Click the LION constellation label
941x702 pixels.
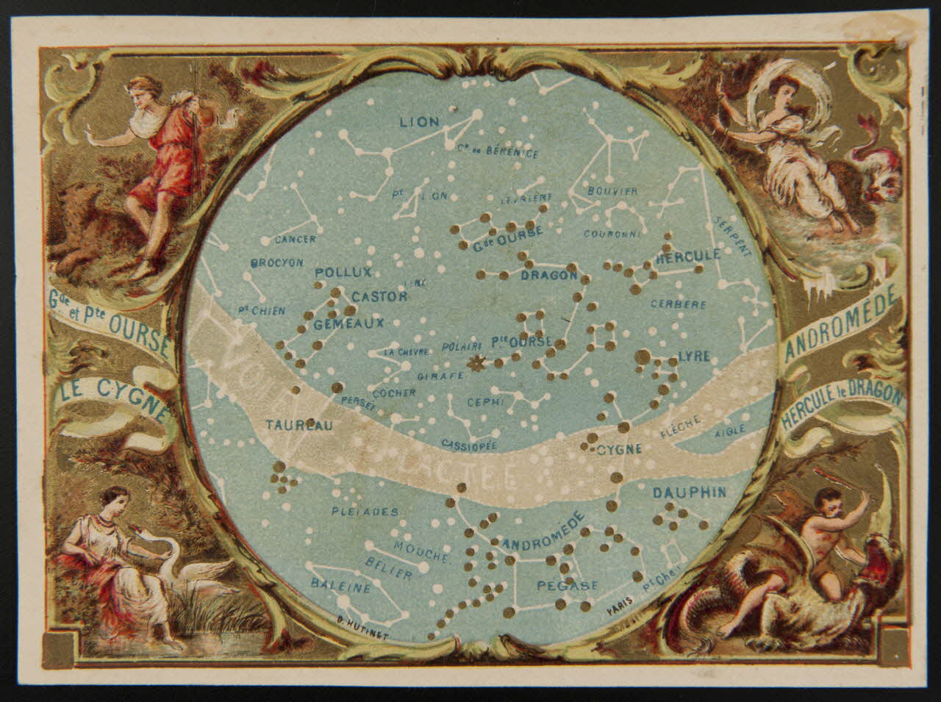pyautogui.click(x=419, y=122)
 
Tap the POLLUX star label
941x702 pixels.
pyautogui.click(x=343, y=273)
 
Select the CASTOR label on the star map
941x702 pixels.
pyautogui.click(x=379, y=296)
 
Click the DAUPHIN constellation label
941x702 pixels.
pyautogui.click(x=690, y=492)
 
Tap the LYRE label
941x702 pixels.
pyautogui.click(x=695, y=357)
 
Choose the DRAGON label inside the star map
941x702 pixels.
pyautogui.click(x=549, y=276)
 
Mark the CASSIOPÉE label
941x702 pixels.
pyautogui.click(x=470, y=445)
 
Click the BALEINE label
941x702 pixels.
pyautogui.click(x=339, y=587)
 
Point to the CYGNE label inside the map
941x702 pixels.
pyautogui.click(x=619, y=448)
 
